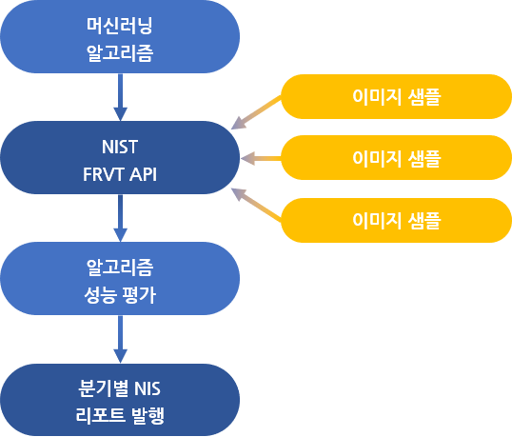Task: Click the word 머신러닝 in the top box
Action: (120, 26)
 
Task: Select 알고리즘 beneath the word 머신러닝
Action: (120, 53)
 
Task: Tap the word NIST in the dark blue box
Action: (120, 147)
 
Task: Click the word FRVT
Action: (104, 174)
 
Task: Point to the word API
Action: (143, 174)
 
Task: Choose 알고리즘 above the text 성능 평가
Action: (120, 268)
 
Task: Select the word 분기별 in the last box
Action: (103, 388)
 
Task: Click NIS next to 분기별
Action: (148, 388)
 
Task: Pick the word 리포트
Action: (100, 415)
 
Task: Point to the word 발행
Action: (148, 415)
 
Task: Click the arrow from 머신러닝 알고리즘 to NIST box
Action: (120, 97)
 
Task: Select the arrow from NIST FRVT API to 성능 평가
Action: (120, 218)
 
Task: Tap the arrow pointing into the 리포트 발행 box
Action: (120, 339)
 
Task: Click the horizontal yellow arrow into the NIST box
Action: (261, 158)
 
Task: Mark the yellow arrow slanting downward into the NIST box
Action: (256, 112)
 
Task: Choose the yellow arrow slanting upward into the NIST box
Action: (256, 205)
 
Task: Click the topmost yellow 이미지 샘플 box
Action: (396, 97)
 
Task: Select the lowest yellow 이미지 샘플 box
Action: (396, 220)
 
